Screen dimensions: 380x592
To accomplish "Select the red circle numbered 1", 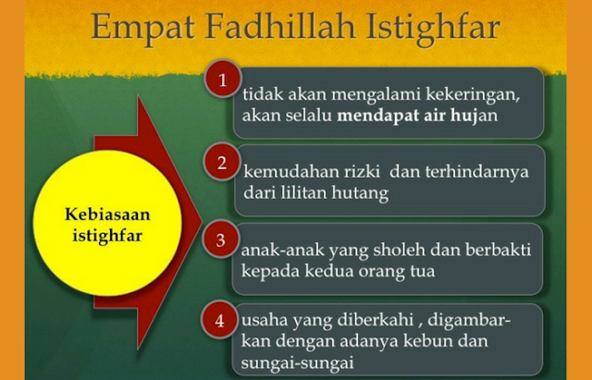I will pos(221,80).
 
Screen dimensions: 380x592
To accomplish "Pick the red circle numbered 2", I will pos(221,164).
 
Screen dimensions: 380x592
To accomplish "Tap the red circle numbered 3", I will pos(221,241).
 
